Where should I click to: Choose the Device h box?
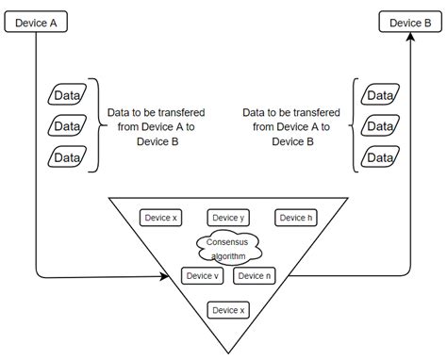click(294, 218)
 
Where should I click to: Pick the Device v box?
click(203, 276)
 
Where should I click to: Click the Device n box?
click(254, 276)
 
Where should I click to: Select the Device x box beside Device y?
click(159, 218)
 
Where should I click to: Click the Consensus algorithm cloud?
click(227, 248)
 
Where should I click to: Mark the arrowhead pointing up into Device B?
click(411, 39)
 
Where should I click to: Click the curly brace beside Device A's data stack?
click(94, 125)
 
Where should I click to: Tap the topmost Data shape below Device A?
click(67, 95)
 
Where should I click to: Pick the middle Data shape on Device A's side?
click(67, 126)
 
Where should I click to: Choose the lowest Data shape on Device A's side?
click(67, 157)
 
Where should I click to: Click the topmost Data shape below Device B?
click(379, 95)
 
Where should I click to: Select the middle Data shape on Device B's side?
click(379, 126)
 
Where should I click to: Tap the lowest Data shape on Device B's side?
click(379, 157)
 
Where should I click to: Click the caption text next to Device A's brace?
click(157, 126)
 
